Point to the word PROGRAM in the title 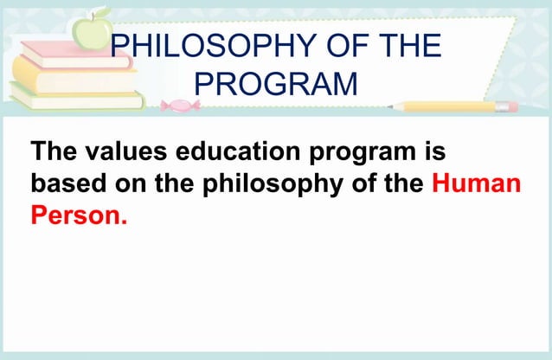coord(276,84)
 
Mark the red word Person coord(79,214)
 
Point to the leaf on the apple coord(101,12)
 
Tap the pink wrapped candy coord(180,106)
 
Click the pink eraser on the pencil coord(509,106)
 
